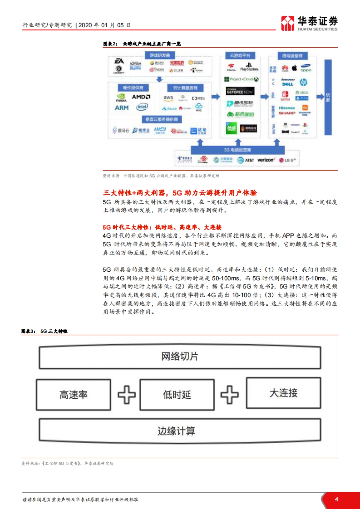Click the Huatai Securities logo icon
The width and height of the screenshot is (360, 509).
point(287,23)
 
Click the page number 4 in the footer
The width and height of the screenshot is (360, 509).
point(336,499)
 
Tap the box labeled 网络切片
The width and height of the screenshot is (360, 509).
point(180,357)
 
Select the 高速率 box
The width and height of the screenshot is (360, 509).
point(73,394)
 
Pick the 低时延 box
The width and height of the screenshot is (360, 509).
point(177,394)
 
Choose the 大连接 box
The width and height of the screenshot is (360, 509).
point(283,393)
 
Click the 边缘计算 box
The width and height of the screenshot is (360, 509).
point(176,431)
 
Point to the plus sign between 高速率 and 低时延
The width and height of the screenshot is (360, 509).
point(126,394)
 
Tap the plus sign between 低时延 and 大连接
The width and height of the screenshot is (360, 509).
point(229,394)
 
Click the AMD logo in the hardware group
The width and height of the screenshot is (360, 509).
point(141,97)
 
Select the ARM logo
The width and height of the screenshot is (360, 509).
point(121,108)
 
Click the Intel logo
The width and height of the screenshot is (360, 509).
point(142,107)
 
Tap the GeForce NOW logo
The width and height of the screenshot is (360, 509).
point(240,91)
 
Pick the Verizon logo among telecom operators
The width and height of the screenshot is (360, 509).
point(266,160)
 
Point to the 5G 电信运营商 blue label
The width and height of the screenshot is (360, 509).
point(237,150)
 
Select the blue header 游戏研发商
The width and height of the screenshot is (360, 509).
point(160,55)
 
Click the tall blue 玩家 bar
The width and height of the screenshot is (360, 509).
point(328,97)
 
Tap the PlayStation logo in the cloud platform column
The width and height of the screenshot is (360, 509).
point(249,67)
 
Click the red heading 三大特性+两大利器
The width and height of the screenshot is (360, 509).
point(180,193)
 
